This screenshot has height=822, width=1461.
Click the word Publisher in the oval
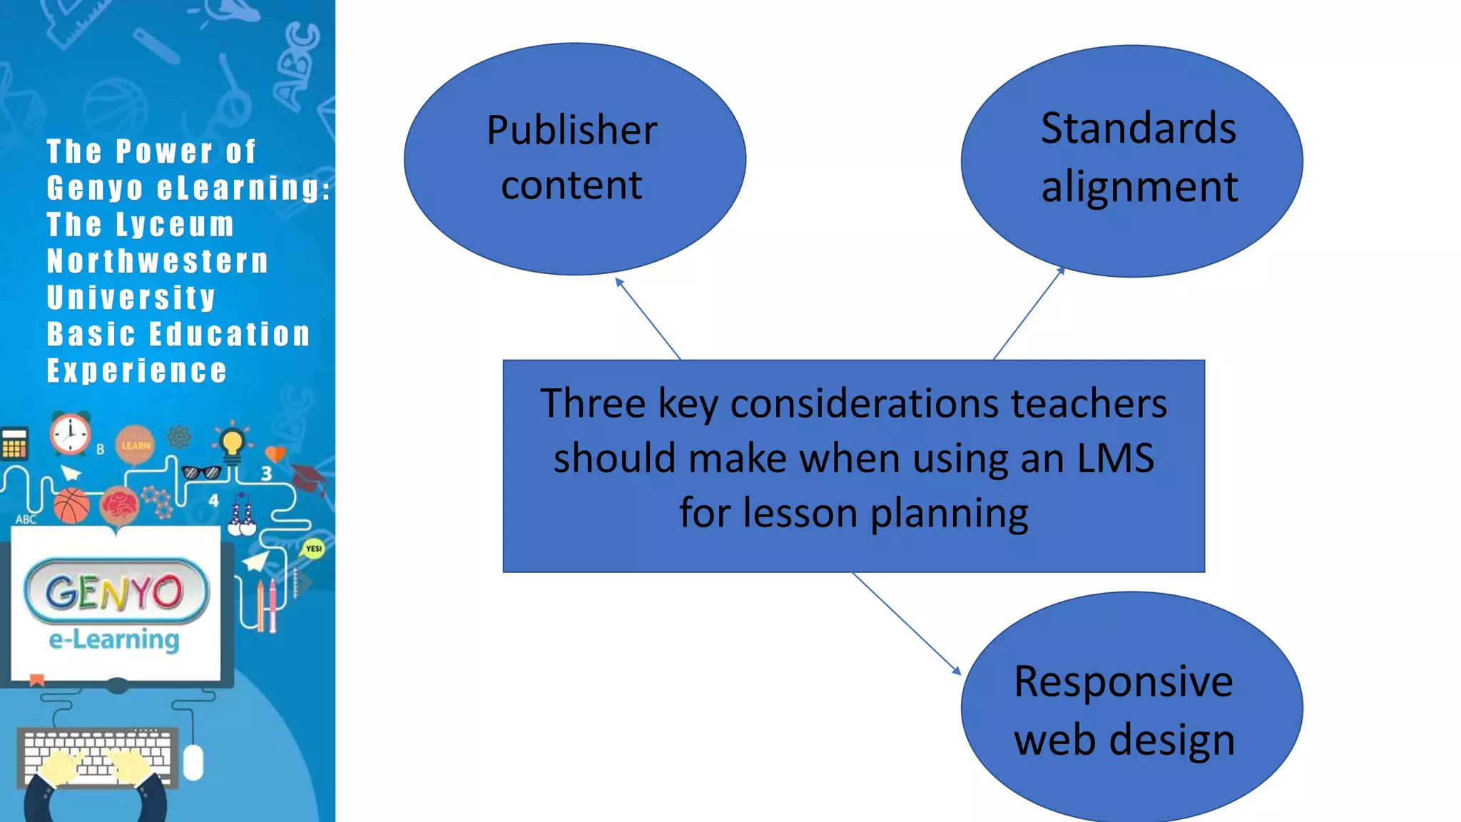(x=571, y=131)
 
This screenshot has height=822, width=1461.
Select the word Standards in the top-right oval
(x=1138, y=128)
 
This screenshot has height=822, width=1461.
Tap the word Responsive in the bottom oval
(x=1123, y=681)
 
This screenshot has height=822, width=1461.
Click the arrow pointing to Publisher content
(x=648, y=318)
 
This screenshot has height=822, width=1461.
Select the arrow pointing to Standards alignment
(x=1029, y=313)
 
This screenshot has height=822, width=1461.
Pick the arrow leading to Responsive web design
(x=906, y=622)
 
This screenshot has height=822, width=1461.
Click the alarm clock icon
(x=70, y=433)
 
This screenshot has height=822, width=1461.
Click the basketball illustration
(x=71, y=505)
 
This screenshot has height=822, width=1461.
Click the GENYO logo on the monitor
(x=116, y=592)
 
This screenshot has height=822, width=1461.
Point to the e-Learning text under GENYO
(x=114, y=639)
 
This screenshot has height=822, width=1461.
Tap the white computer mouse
(x=193, y=762)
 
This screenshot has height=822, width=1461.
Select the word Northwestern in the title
(x=158, y=261)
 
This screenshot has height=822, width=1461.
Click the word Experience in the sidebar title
(x=137, y=371)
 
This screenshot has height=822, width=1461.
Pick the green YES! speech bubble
(x=313, y=549)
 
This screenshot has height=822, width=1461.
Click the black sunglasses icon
(x=201, y=472)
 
